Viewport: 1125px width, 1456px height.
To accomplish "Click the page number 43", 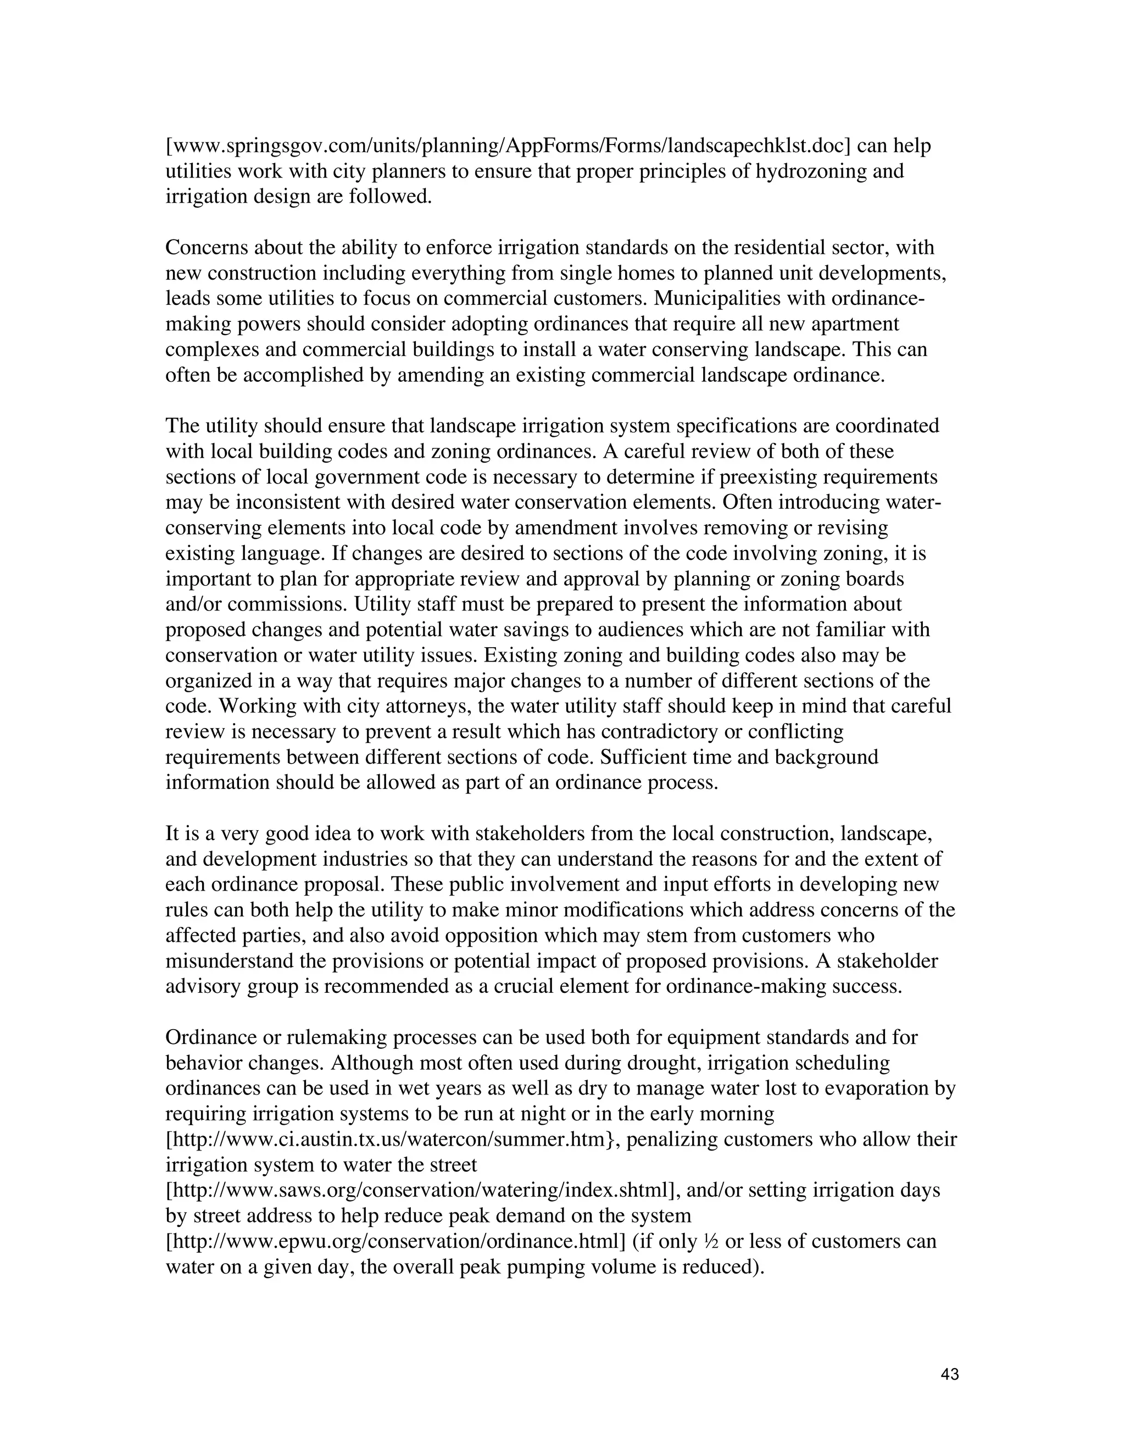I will [x=950, y=1374].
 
